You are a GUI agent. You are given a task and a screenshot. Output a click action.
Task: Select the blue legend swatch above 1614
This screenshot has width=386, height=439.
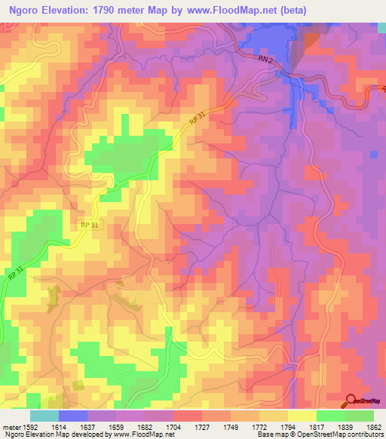pyautogui.click(x=72, y=416)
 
